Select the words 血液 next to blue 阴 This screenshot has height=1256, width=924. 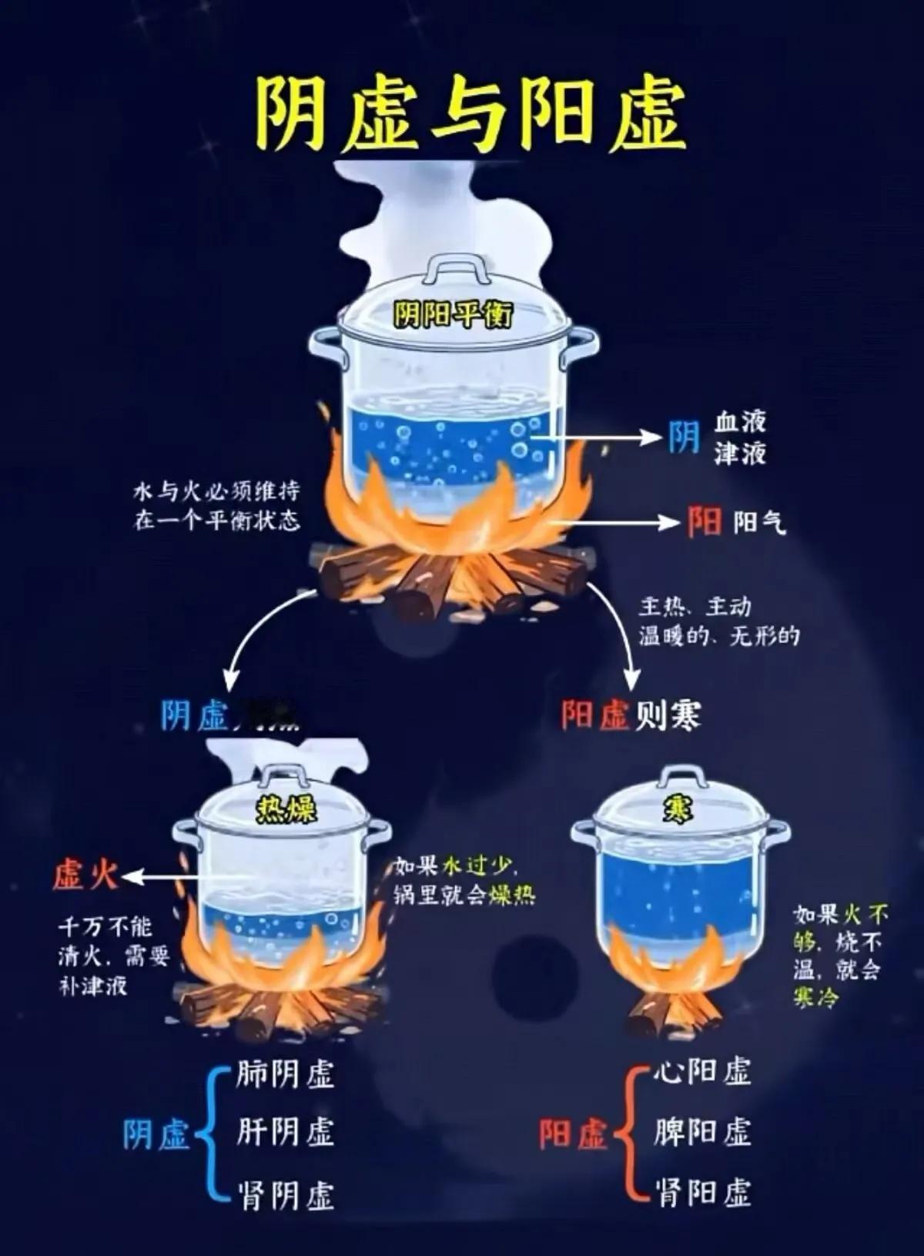740,422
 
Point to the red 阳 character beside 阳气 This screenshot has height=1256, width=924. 705,522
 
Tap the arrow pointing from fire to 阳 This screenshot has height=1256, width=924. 616,522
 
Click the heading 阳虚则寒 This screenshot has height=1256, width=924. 631,715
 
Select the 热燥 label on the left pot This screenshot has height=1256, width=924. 286,810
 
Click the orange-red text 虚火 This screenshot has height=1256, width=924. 84,876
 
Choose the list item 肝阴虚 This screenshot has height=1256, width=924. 285,1133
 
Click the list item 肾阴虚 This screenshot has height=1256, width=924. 285,1195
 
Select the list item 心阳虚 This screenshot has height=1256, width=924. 701,1071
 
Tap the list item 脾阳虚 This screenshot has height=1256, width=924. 701,1132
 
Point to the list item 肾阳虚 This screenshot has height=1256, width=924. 701,1193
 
